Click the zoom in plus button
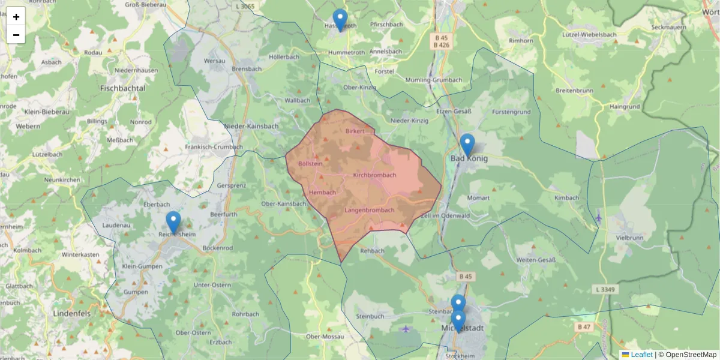[x=16, y=17]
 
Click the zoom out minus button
[x=16, y=35]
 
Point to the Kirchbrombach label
[x=375, y=175]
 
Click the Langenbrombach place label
[x=370, y=210]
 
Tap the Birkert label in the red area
[x=355, y=131]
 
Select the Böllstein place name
[x=311, y=163]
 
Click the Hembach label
[x=323, y=192]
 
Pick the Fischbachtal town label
[x=123, y=88]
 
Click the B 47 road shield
[x=584, y=327]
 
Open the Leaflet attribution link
[x=641, y=355]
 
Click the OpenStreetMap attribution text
[x=691, y=355]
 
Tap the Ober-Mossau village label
[x=325, y=337]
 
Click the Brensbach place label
[x=247, y=69]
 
